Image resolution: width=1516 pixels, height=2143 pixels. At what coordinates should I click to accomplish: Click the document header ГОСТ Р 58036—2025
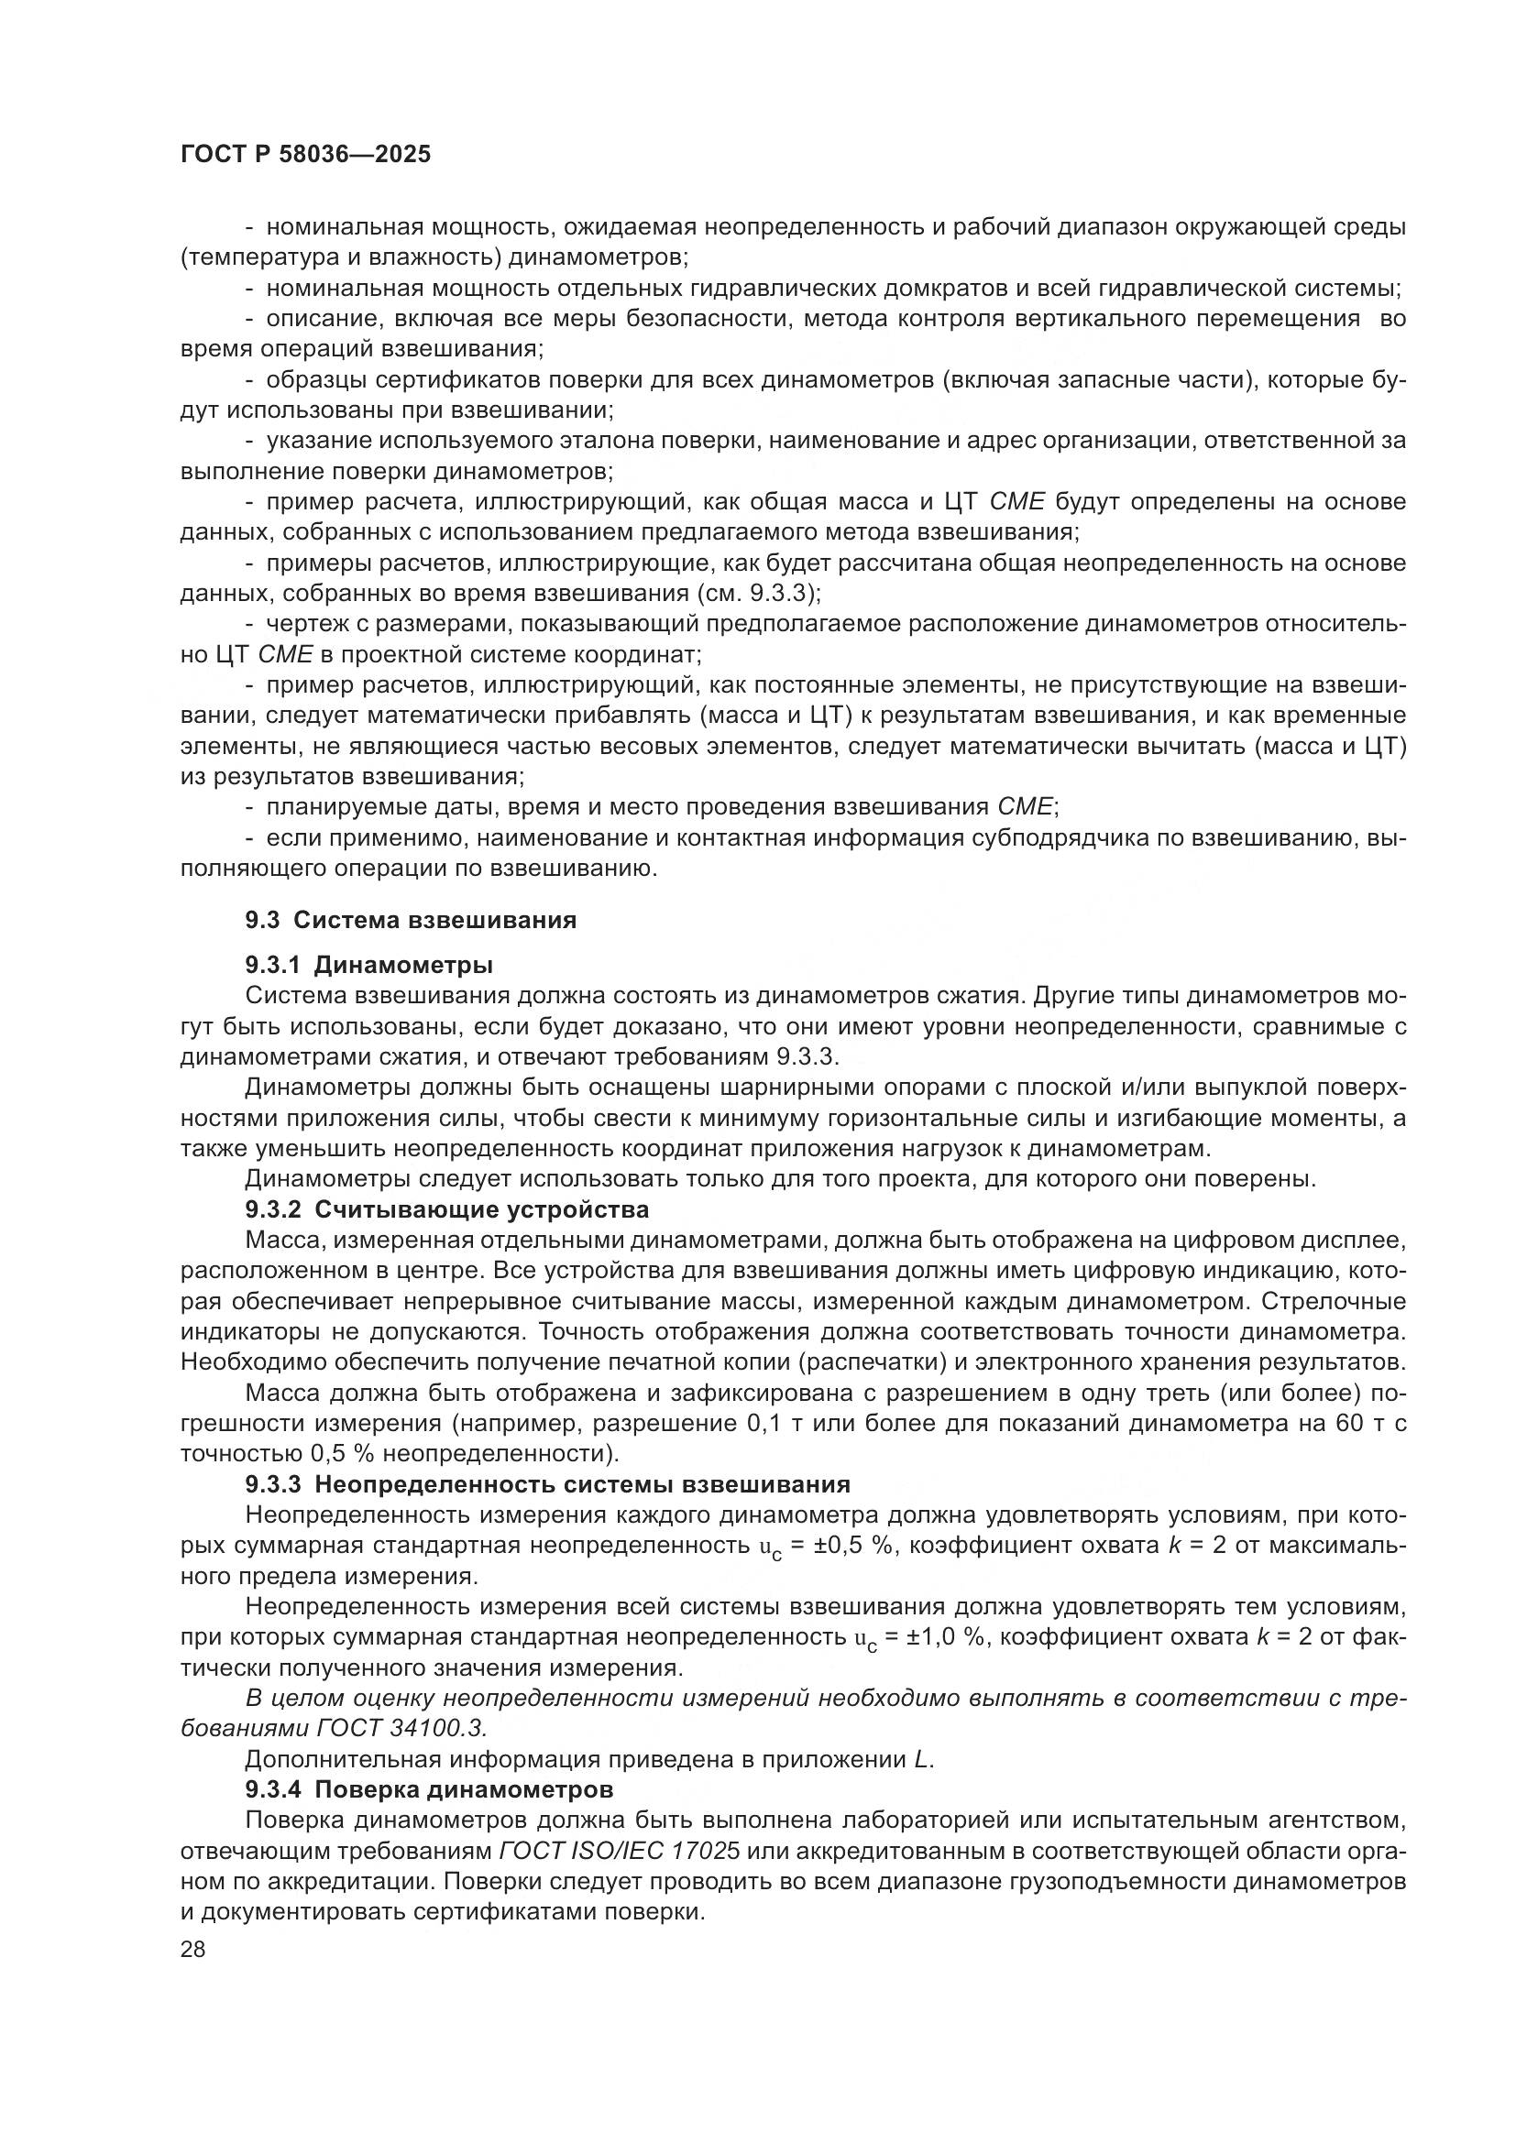coord(305,155)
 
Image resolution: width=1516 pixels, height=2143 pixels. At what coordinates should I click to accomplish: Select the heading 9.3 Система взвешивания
coord(411,920)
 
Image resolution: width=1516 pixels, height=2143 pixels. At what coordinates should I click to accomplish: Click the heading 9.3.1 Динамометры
coord(369,964)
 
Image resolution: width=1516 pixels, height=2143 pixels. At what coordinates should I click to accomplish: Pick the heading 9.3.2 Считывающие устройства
coord(447,1209)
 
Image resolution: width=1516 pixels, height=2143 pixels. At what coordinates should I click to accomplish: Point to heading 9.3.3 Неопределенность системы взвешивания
coord(548,1484)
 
